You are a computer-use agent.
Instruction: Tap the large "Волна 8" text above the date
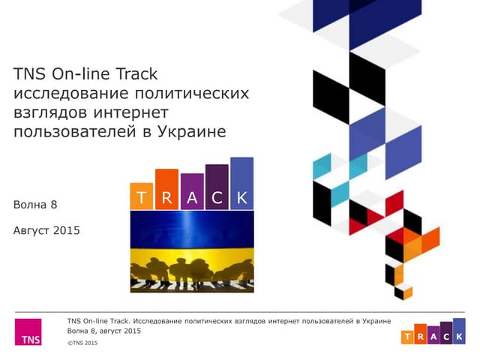tap(35, 204)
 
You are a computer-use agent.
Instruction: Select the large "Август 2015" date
tap(46, 230)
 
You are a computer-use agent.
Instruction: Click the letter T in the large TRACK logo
tap(142, 198)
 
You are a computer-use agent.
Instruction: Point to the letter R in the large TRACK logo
tap(166, 198)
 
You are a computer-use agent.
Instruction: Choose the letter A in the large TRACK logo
tap(192, 198)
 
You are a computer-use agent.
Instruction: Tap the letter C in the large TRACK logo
tap(217, 198)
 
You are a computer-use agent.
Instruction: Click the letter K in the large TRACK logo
tap(241, 198)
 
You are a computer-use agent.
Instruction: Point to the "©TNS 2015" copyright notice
tap(82, 343)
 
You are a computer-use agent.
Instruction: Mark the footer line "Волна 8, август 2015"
tap(103, 331)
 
